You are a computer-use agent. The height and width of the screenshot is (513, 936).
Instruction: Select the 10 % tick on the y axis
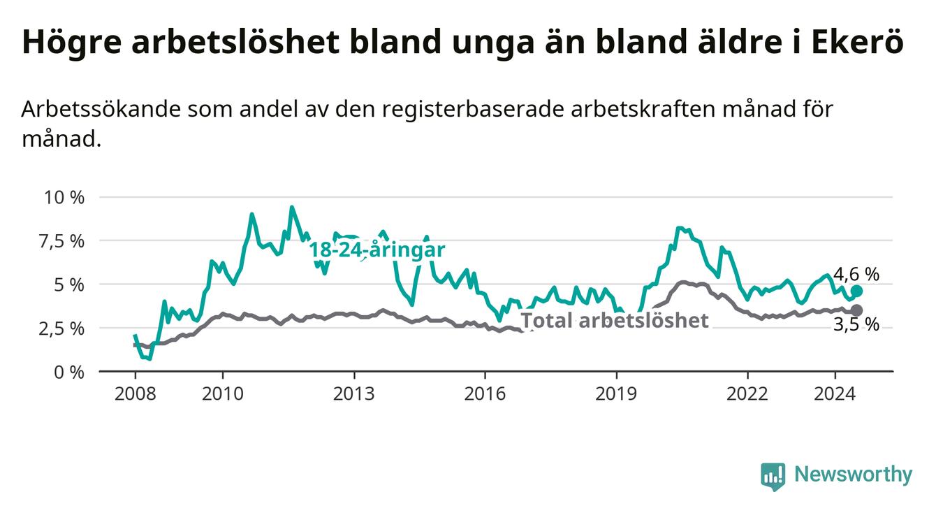64,197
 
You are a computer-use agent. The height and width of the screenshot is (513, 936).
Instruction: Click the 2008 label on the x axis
135,393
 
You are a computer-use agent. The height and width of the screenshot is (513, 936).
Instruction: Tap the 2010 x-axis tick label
222,393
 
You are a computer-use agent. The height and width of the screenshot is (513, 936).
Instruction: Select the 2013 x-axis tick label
353,393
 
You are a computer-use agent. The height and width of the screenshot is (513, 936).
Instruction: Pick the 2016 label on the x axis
485,393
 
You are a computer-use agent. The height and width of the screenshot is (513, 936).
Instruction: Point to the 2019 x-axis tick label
616,393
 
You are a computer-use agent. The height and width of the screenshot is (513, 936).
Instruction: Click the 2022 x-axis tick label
747,393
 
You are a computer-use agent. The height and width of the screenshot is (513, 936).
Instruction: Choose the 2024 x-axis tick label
835,393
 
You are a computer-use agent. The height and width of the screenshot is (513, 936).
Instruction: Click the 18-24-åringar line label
377,250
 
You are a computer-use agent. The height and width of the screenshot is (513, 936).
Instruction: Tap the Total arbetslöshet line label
615,321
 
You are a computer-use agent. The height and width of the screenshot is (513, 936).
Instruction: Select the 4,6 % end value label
856,275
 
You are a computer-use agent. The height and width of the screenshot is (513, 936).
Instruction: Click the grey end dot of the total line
857,310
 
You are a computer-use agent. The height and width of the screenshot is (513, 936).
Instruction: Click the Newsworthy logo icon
773,476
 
